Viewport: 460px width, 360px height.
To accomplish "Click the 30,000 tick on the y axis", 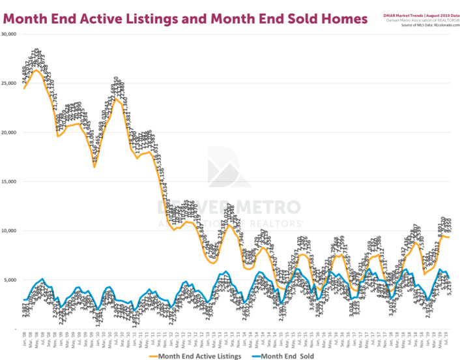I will (9, 34).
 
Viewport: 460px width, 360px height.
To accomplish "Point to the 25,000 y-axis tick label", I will (9, 83).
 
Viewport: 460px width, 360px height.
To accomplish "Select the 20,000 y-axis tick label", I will (9, 132).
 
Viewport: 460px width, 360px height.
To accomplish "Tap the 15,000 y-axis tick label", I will (9, 181).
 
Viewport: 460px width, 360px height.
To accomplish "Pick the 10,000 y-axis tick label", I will (9, 230).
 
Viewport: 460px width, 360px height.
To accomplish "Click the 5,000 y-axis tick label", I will (11, 279).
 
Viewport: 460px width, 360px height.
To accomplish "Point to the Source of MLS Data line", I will (424, 15).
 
